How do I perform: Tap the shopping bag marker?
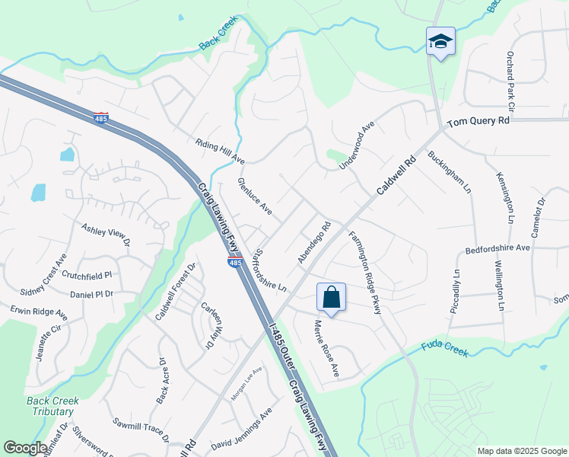point(331,296)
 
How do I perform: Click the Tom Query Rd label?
point(478,121)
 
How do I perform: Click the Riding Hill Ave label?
point(220,152)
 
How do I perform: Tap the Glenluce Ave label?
point(254,196)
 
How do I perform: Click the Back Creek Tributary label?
point(49,406)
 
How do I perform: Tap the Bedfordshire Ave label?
point(497,248)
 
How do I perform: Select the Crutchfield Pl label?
point(87,274)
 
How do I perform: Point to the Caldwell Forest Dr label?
point(176,291)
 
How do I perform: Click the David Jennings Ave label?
point(242,428)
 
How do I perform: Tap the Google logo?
point(25,448)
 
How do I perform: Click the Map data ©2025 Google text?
point(523,451)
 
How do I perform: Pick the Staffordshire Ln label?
point(269,269)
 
